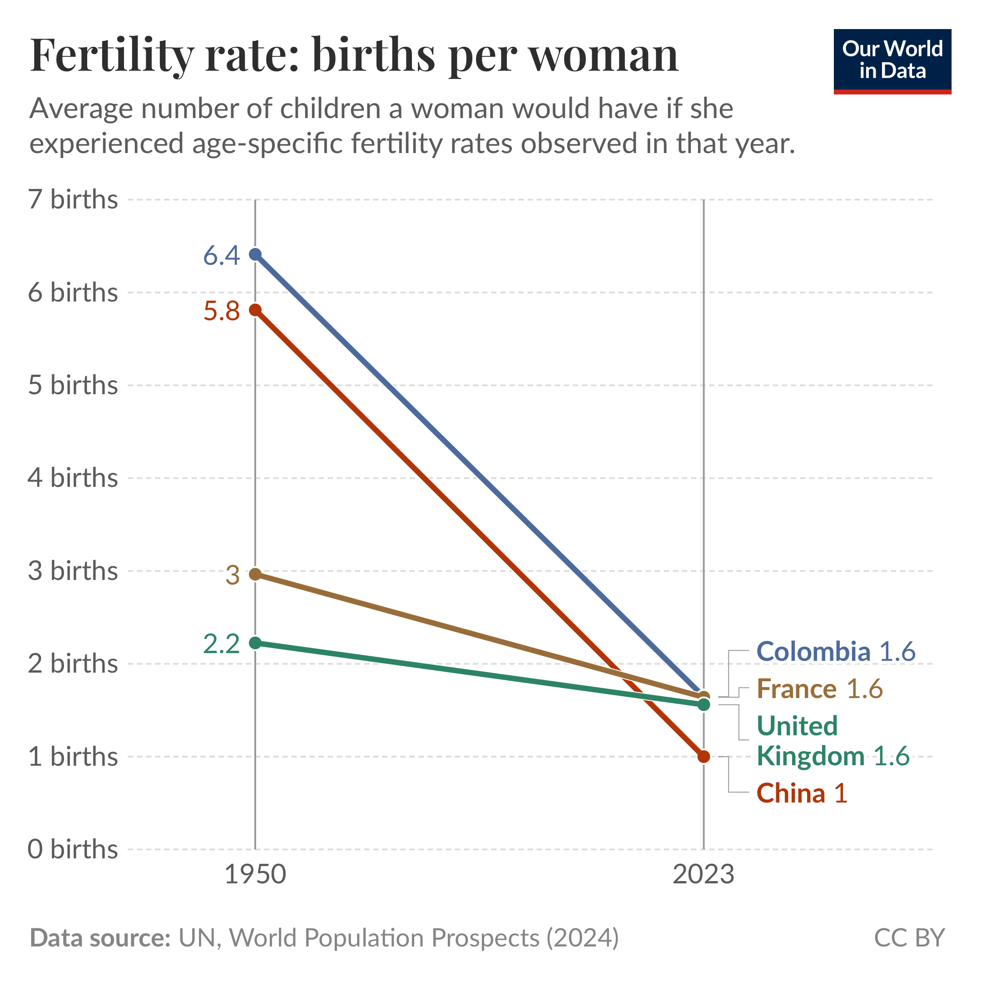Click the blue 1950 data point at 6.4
pos(255,254)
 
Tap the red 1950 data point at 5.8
pos(255,310)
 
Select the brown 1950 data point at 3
pos(255,574)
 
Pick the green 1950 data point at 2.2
pos(255,643)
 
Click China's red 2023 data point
pos(704,757)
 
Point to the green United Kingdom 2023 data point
pos(704,705)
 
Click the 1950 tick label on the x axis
pos(255,875)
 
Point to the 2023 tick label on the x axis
pos(704,875)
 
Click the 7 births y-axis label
pos(73,199)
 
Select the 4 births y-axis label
pos(73,478)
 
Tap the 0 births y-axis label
pos(73,849)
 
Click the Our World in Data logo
pos(892,61)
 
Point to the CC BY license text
pos(909,938)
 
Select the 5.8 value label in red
pos(221,311)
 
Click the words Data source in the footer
pos(100,938)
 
